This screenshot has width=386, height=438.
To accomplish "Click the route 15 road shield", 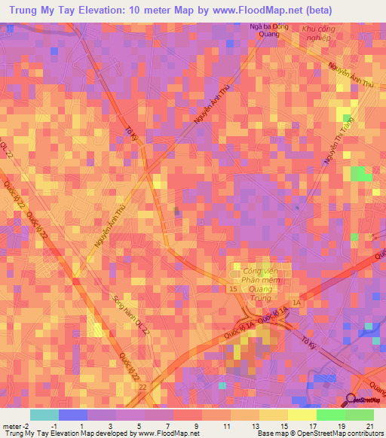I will click(234, 288).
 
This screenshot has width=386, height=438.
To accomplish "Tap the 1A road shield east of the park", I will click(296, 302).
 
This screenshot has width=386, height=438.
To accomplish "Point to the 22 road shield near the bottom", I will click(142, 387).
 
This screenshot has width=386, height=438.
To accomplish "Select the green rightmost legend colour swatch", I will click(359, 415).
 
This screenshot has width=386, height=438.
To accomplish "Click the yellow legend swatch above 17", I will click(302, 415).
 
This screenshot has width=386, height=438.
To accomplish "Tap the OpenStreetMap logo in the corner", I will click(366, 400).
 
